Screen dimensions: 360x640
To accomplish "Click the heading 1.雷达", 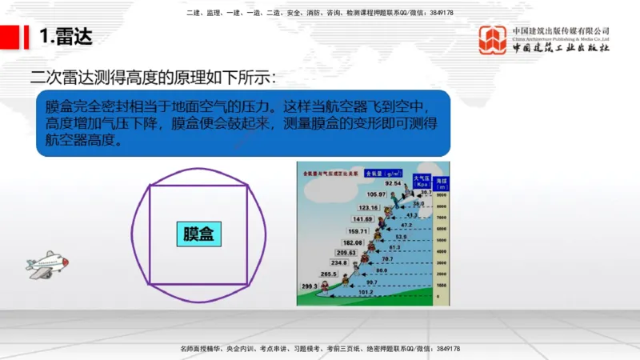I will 65,37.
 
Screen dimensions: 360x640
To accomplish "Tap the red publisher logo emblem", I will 492,40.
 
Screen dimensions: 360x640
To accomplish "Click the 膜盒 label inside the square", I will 198,234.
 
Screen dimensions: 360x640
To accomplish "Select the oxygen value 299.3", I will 310,286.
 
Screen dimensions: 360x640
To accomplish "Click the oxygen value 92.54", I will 392,183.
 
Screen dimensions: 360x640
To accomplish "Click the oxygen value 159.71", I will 358,231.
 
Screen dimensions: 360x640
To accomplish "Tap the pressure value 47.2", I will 406,226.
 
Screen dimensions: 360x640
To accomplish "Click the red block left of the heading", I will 15,37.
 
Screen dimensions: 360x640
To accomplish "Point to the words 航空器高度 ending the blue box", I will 80,140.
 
